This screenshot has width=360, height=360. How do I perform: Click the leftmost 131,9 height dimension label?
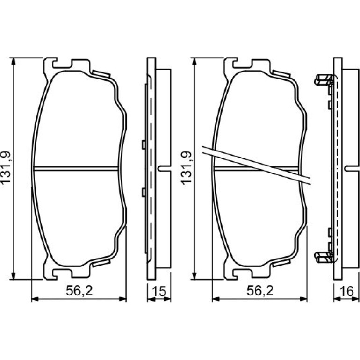[x=6, y=167]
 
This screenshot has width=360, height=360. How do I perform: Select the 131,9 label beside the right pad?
[x=186, y=167]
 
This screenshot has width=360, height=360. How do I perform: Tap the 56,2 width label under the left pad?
[x=79, y=291]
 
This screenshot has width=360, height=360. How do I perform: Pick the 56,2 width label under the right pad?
[x=260, y=291]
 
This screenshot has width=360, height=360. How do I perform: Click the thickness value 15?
[x=159, y=291]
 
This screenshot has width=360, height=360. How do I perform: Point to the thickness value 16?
[x=347, y=291]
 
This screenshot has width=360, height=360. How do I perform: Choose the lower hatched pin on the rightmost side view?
[x=324, y=257]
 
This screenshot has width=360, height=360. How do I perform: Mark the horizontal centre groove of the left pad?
[x=76, y=168]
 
